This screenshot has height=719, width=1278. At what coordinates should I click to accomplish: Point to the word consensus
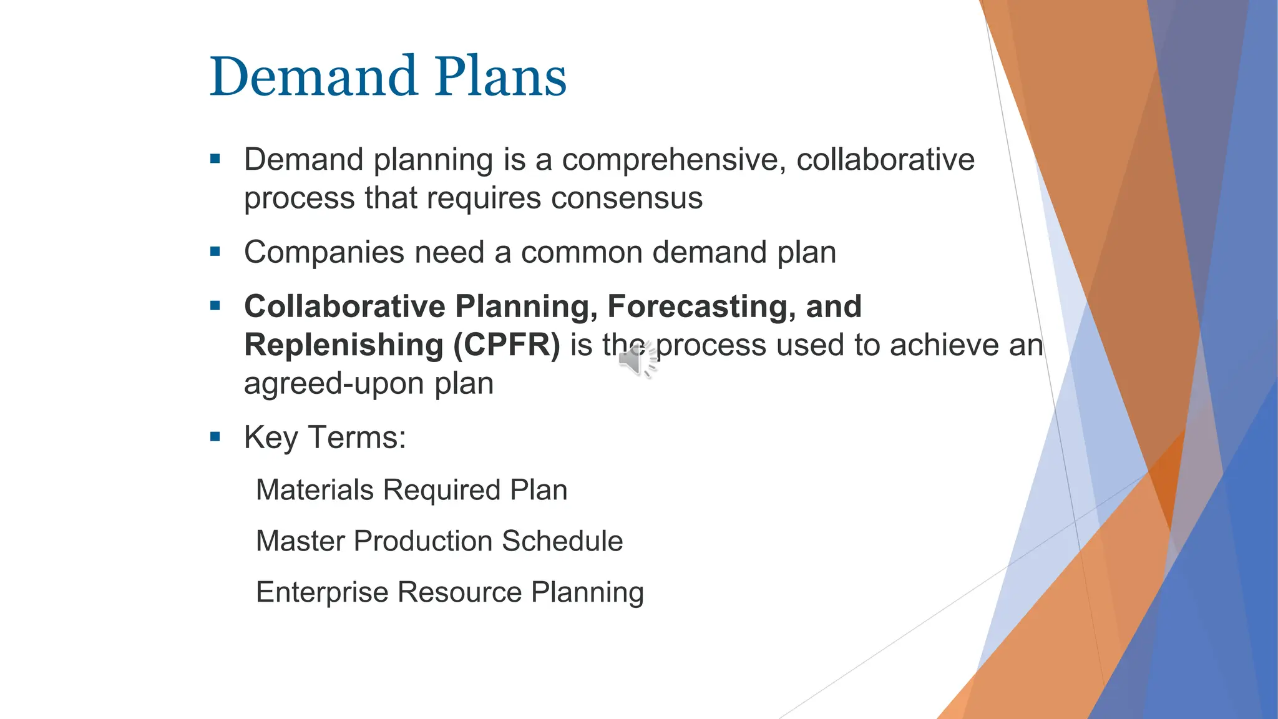coord(627,198)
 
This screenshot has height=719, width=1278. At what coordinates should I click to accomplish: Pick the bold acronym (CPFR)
coord(507,345)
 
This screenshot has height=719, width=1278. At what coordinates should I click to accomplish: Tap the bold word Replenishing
coord(343,345)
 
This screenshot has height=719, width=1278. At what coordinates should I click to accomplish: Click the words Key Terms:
coord(324,437)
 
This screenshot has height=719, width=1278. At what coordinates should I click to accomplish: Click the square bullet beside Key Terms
coord(215,436)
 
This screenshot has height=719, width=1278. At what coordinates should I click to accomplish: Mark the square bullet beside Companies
coord(215,252)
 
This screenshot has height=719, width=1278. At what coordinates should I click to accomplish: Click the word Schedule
coord(562,541)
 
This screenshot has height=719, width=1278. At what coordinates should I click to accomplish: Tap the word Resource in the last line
coord(459,592)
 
